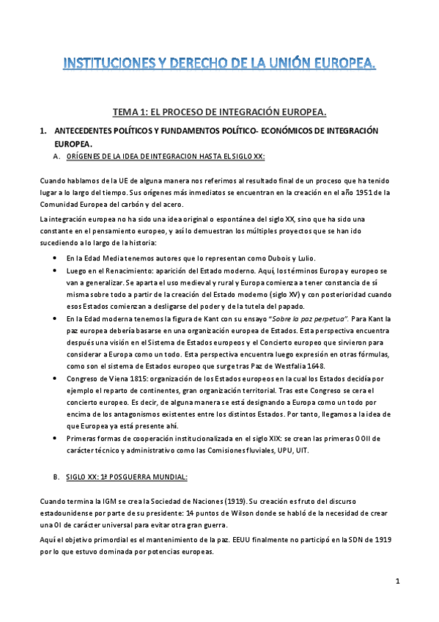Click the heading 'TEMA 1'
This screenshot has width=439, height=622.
218,111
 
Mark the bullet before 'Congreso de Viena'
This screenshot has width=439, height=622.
56,378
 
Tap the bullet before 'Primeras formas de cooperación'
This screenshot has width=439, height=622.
56,438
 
